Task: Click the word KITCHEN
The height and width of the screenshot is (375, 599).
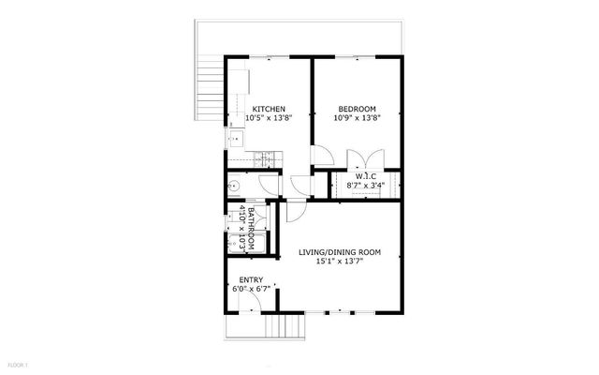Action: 269,110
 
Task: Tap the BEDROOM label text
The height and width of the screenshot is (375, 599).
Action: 357,110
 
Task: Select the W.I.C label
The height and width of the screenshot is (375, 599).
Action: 365,176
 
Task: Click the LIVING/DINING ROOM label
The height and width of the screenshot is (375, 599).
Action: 340,252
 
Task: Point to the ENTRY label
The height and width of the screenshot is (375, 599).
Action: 251,279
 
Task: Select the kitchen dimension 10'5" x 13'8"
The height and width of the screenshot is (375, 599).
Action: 269,119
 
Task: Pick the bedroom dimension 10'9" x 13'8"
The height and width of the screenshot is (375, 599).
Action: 357,119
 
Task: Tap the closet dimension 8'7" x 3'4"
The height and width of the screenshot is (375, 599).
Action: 365,186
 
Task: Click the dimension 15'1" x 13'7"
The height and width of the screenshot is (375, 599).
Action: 340,262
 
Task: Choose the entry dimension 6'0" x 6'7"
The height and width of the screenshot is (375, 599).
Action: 251,289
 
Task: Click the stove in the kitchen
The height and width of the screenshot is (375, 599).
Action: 266,160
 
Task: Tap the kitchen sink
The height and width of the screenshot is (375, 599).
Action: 234,140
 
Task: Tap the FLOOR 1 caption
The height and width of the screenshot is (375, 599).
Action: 20,364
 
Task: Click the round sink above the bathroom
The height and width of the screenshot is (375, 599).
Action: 235,186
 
